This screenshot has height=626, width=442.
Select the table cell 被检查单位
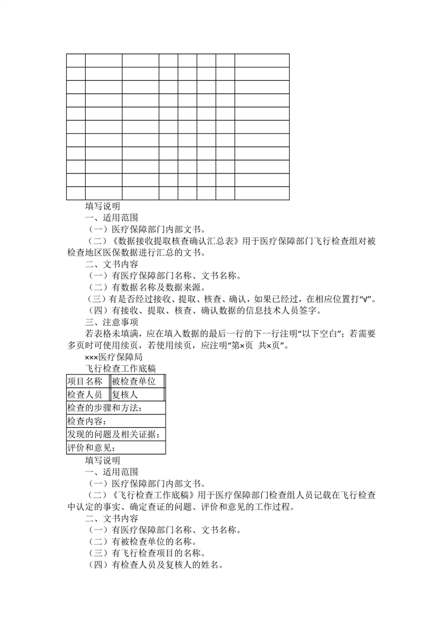click(x=137, y=382)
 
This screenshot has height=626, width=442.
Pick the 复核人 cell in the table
click(x=137, y=394)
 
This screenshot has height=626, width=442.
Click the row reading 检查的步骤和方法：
click(x=116, y=408)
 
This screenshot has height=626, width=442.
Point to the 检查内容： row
click(x=116, y=421)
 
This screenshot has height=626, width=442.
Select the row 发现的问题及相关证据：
click(x=116, y=435)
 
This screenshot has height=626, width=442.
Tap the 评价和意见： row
click(x=116, y=448)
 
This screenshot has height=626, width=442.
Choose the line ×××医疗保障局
click(x=113, y=357)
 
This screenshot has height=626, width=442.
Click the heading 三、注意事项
click(x=111, y=322)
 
